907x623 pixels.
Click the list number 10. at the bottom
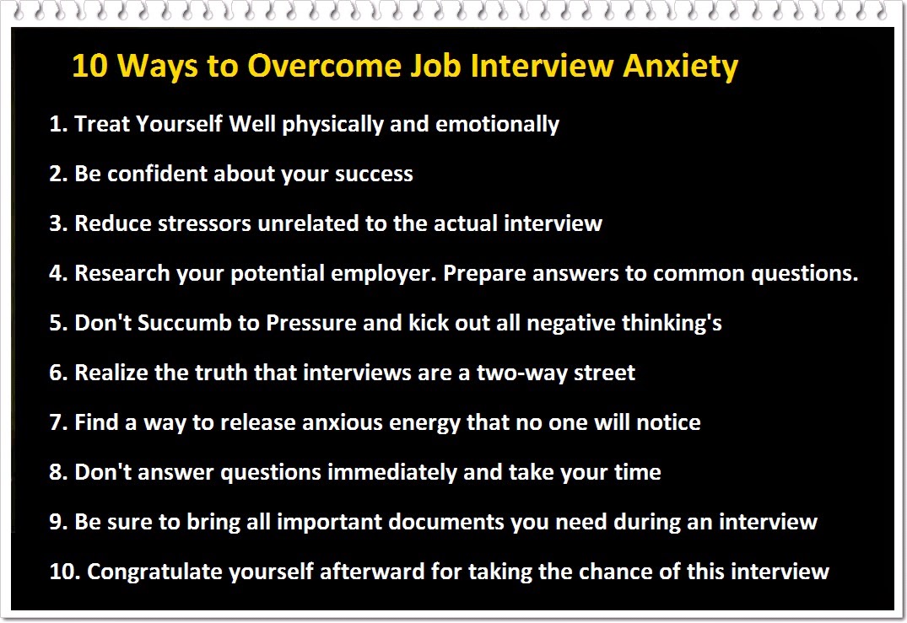pos(64,572)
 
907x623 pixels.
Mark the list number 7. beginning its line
pos(57,422)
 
